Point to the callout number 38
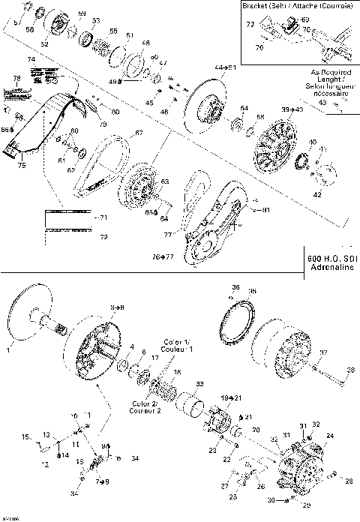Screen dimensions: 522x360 [349, 370]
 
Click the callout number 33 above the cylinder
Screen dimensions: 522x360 [199, 384]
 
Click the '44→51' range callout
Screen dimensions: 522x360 [224, 67]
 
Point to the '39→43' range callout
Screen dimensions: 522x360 [292, 109]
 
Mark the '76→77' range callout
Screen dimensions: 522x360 [163, 256]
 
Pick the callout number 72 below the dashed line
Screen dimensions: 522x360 [103, 237]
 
